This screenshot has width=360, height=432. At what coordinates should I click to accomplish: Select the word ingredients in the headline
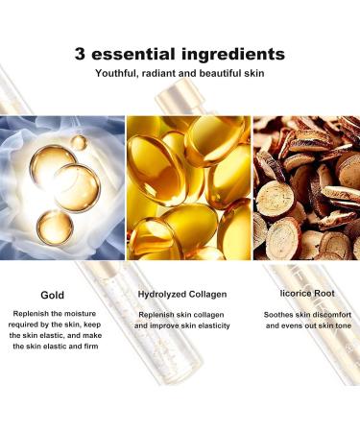point(233,54)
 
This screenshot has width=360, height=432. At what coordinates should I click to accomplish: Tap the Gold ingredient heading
point(53,296)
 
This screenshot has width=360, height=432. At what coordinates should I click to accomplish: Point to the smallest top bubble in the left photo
point(80,143)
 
